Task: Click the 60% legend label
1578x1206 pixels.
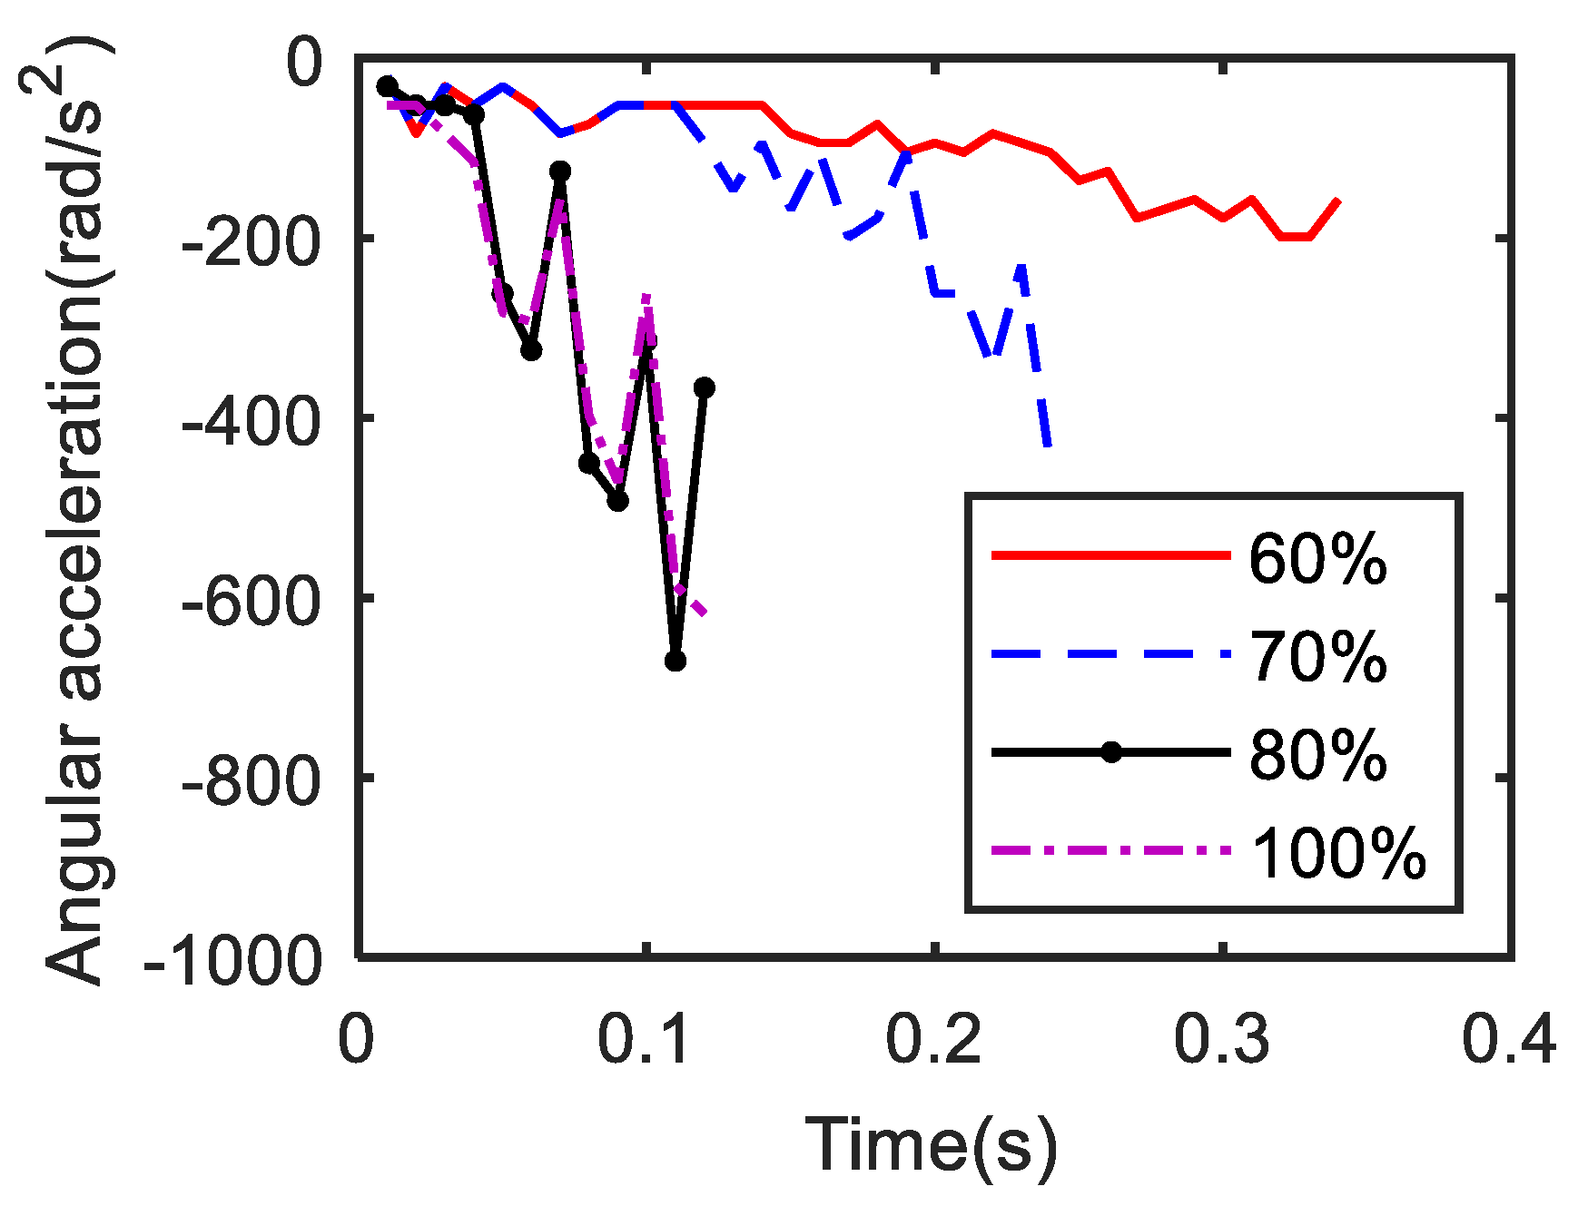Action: point(1317,559)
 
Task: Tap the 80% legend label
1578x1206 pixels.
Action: point(1317,754)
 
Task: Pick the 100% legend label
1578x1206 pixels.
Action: point(1338,853)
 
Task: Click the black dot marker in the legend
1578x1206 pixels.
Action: point(1110,752)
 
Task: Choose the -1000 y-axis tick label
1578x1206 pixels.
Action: point(233,960)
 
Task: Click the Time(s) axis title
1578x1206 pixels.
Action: point(932,1145)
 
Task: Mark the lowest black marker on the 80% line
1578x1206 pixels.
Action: point(675,661)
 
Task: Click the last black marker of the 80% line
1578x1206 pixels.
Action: point(704,387)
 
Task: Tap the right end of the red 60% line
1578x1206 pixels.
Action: point(1337,200)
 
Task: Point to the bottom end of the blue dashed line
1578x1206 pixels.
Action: point(1049,446)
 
